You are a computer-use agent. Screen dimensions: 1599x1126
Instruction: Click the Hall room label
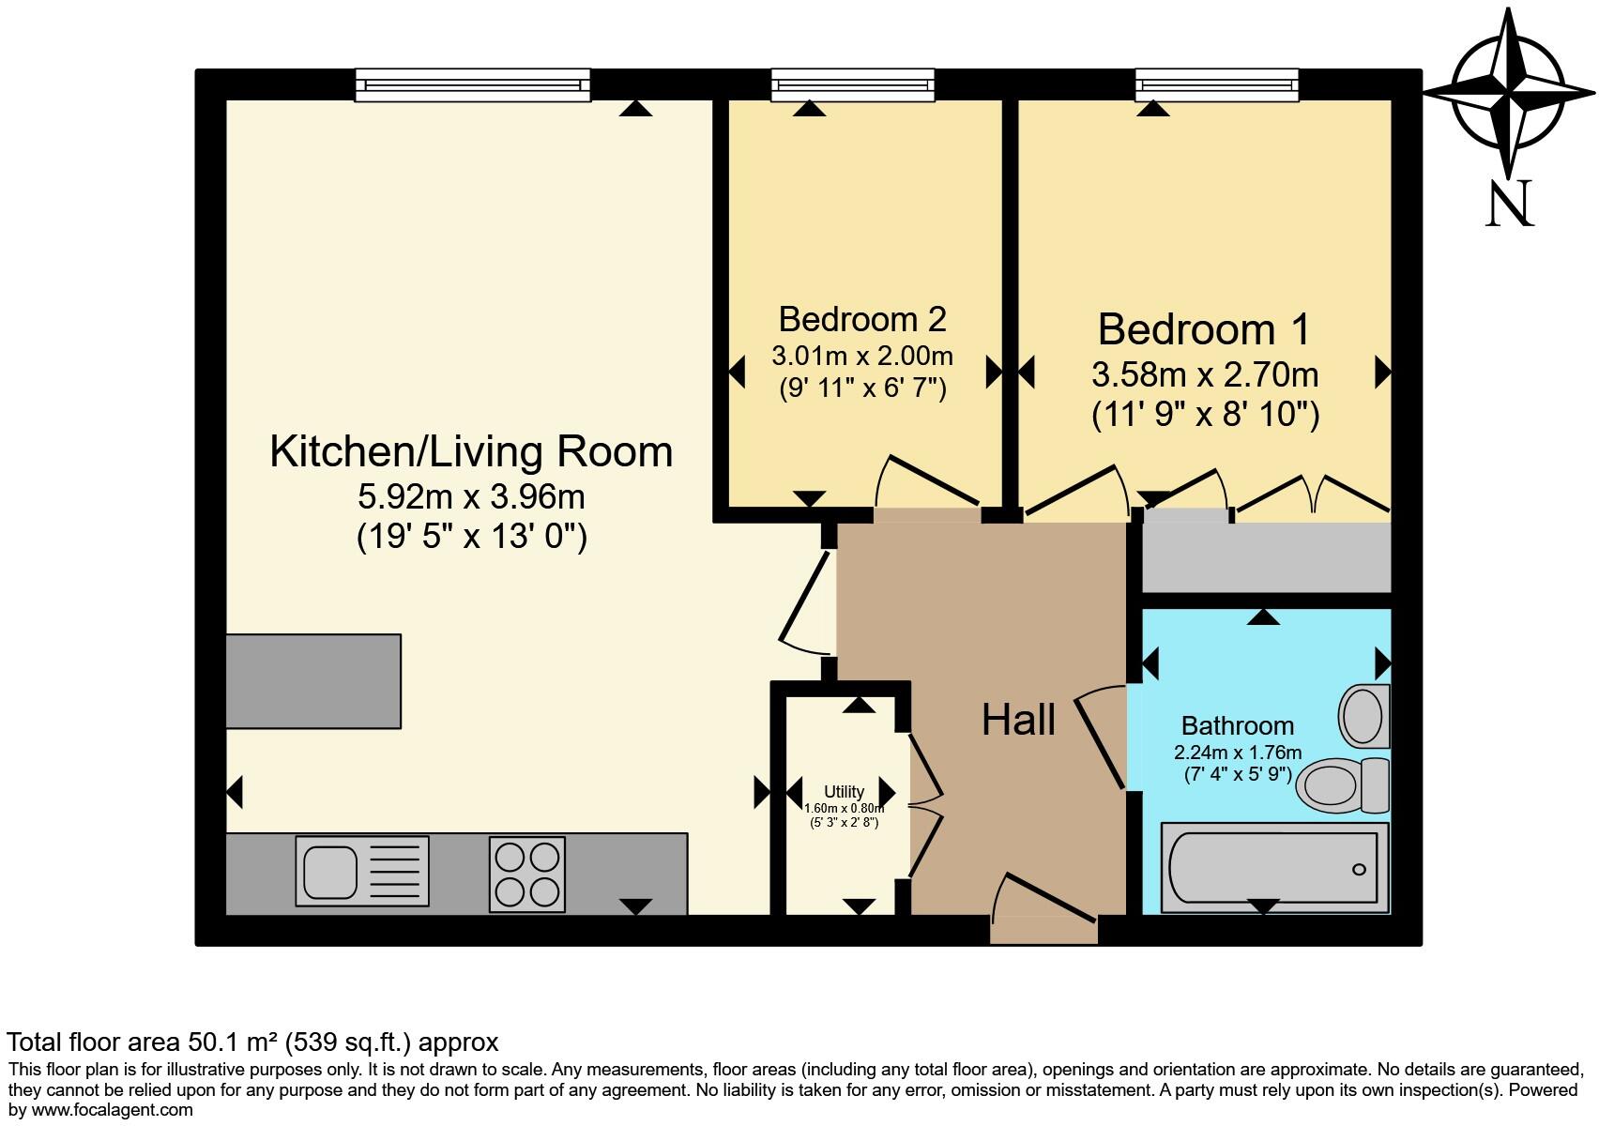1018,719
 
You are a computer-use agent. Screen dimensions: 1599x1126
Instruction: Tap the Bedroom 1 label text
1204,329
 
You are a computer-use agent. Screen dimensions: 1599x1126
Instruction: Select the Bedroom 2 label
862,319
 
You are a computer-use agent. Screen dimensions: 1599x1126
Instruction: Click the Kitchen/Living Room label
471,451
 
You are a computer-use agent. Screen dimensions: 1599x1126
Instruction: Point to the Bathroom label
1238,725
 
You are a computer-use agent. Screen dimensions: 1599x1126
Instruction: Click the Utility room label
844,792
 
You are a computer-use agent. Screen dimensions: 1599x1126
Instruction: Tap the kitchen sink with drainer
362,871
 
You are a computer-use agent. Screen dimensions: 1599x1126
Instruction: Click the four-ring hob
526,874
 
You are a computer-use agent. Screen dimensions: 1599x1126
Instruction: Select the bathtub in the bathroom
1275,867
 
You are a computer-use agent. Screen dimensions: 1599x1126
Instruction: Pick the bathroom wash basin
1364,715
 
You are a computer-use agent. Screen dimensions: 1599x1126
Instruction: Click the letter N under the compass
1510,203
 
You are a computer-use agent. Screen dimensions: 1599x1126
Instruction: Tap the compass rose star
1508,94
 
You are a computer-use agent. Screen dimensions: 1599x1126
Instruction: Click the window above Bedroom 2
853,85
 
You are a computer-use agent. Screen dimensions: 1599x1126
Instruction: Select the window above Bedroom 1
1217,85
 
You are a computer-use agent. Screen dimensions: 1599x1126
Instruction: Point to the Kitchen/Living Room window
473,85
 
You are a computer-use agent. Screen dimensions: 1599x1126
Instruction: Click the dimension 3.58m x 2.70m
1205,374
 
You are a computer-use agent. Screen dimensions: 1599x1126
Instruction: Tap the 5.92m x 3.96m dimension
471,497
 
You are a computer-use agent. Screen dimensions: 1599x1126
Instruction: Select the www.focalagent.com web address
112,1110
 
